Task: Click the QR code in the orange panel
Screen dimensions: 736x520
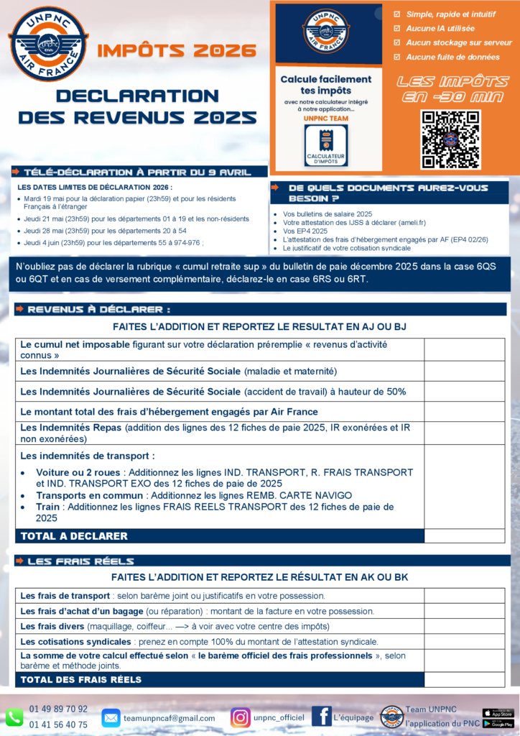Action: point(450,139)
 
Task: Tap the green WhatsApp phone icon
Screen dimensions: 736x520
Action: point(14,717)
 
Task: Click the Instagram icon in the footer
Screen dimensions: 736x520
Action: point(241,717)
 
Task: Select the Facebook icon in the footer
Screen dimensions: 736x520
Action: point(321,716)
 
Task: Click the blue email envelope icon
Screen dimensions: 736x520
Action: point(111,717)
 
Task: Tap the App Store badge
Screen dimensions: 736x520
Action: point(498,713)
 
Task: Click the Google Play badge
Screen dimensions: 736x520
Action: point(498,724)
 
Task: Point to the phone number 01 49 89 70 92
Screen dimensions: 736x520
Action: point(59,709)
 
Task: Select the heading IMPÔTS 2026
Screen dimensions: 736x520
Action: point(176,50)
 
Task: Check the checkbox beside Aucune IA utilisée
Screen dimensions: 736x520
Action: point(398,28)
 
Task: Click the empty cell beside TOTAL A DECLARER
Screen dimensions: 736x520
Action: point(464,536)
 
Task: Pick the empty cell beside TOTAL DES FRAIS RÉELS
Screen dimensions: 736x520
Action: point(464,679)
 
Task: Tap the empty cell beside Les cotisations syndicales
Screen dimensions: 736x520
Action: point(464,641)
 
